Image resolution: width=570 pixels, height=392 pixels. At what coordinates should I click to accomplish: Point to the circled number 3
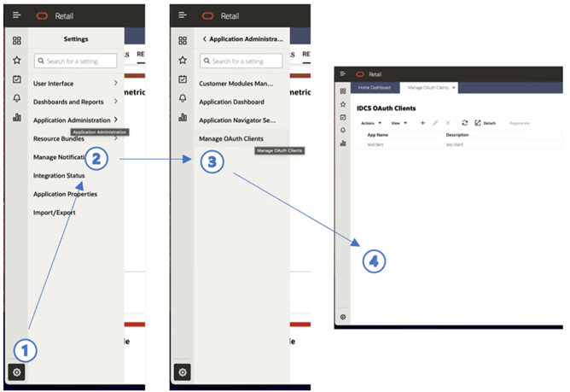(x=213, y=161)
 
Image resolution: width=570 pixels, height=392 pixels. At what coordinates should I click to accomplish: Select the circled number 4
(x=372, y=260)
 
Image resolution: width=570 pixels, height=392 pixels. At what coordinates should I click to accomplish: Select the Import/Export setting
(x=55, y=213)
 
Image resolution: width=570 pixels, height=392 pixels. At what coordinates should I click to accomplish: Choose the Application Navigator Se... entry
(x=238, y=120)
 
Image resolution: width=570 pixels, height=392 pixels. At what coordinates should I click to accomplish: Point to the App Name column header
(x=378, y=135)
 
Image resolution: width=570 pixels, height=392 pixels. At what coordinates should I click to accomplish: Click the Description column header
(x=457, y=135)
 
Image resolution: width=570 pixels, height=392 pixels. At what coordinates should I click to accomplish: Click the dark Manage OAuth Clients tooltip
(x=280, y=150)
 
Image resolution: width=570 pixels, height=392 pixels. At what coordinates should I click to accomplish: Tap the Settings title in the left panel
(x=76, y=39)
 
